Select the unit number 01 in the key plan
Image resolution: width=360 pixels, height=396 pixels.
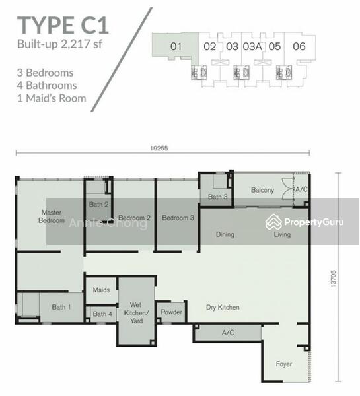pos(175,46)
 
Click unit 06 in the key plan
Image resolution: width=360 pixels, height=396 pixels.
pos(299,46)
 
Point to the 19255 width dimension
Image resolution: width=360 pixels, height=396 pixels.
pos(160,148)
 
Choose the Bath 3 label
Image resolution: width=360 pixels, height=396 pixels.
pos(217,197)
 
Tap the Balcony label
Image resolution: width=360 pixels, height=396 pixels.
pos(262,190)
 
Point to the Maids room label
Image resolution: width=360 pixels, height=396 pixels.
pos(100,290)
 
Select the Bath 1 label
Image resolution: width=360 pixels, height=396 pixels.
pos(58,307)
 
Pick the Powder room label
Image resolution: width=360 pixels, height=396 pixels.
pos(172,312)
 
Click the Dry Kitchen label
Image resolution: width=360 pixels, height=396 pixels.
pos(223,308)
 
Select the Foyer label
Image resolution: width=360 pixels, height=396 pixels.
pos(284,364)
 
